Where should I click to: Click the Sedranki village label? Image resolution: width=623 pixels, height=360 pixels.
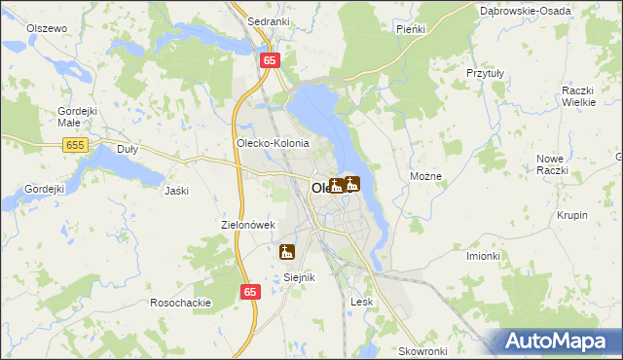click(x=267, y=20)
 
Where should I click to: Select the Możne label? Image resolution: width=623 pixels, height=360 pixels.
click(x=426, y=176)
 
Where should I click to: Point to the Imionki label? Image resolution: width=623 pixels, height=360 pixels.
click(x=483, y=256)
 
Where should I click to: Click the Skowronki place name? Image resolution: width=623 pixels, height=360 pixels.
click(x=421, y=350)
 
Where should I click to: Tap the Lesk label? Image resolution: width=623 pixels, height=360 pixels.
click(x=361, y=302)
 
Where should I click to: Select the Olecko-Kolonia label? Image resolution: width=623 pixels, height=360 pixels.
click(x=273, y=143)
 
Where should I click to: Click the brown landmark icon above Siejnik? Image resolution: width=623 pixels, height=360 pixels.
click(x=286, y=252)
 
